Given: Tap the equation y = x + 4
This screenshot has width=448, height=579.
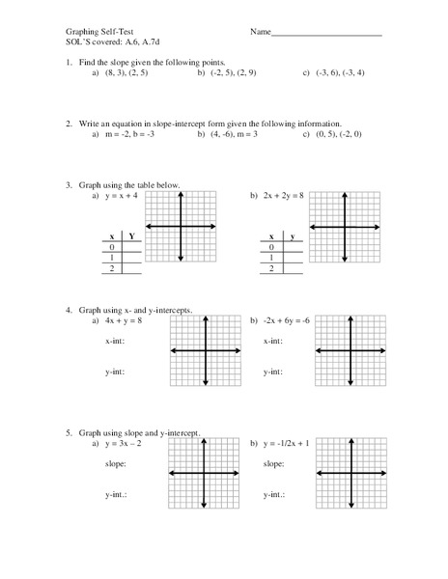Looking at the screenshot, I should point(126,196).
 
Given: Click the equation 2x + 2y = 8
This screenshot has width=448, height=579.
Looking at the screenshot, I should point(283,196).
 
